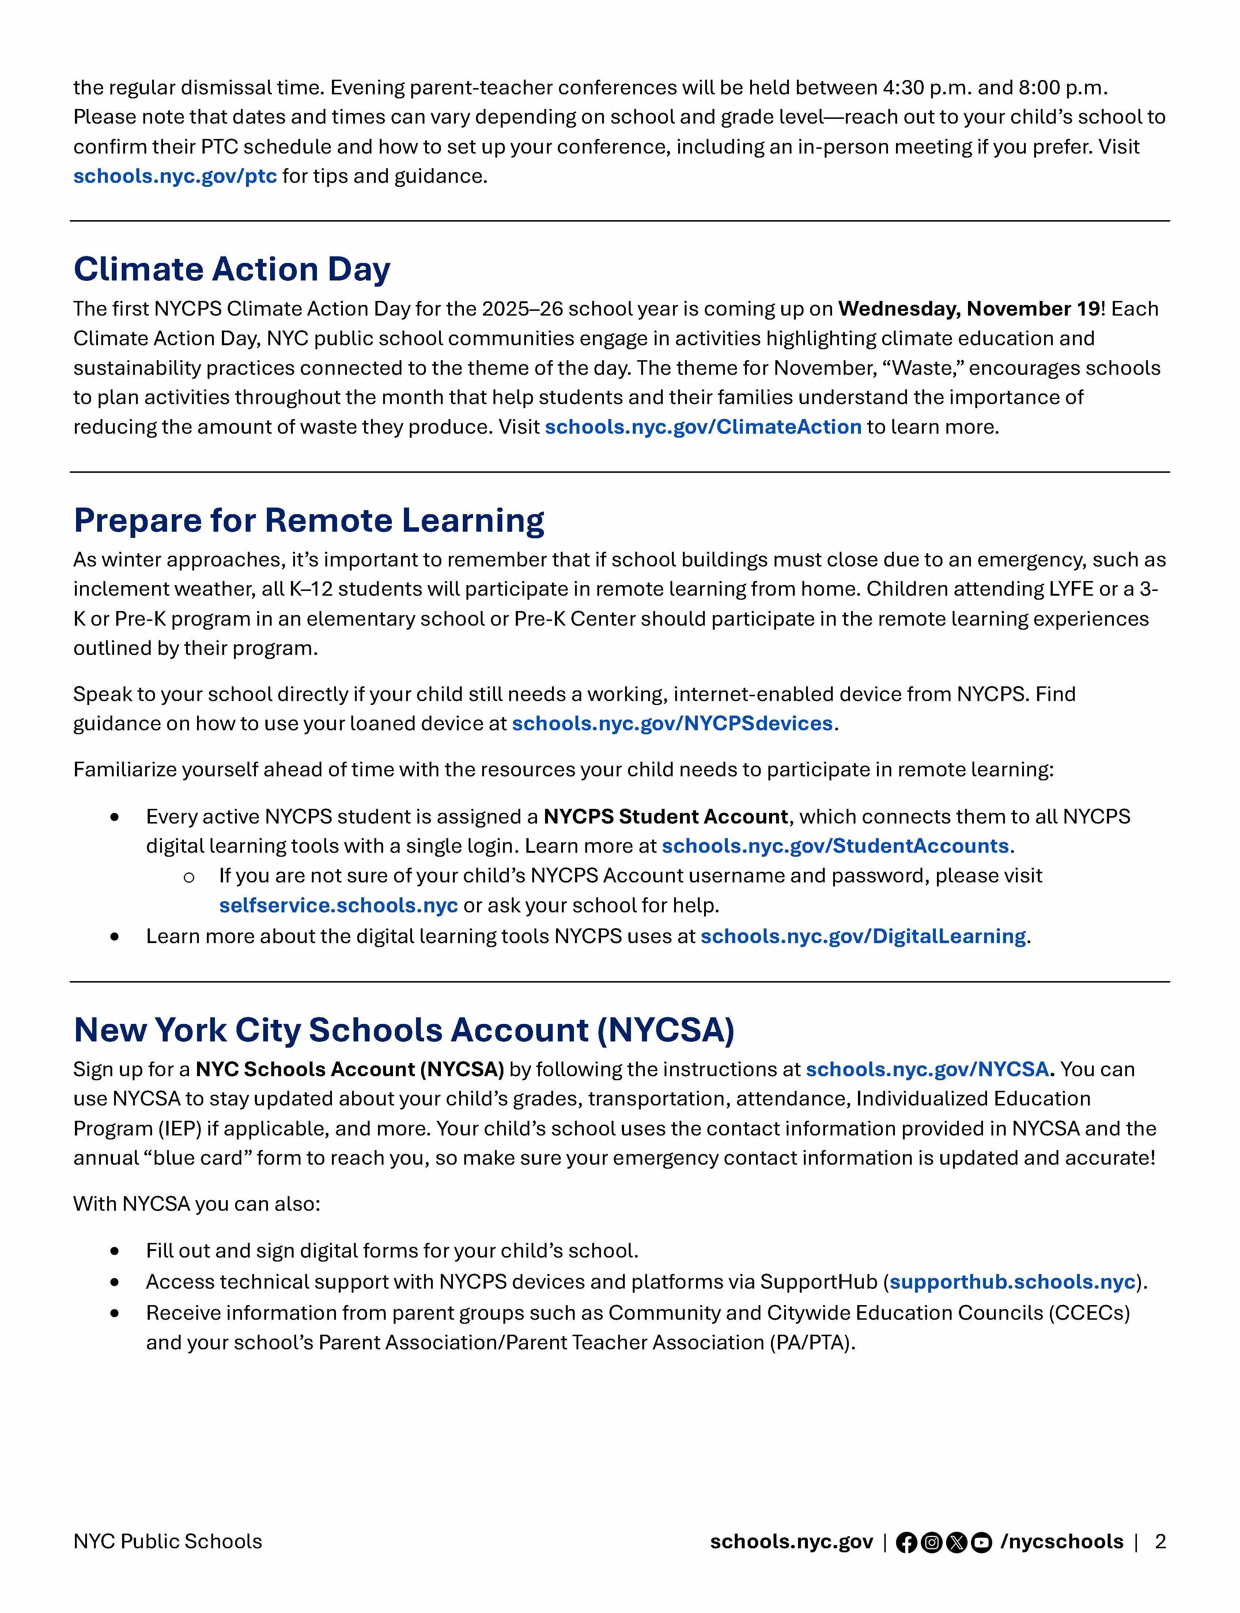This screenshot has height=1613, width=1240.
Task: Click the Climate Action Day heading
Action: click(232, 270)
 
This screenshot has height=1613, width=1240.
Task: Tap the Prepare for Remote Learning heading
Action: click(309, 520)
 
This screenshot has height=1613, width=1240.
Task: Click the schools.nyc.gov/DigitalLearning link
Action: click(863, 936)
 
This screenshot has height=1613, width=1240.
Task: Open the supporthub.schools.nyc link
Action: click(1012, 1282)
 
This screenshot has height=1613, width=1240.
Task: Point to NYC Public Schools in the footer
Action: click(167, 1541)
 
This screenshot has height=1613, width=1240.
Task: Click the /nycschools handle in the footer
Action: click(1061, 1541)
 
